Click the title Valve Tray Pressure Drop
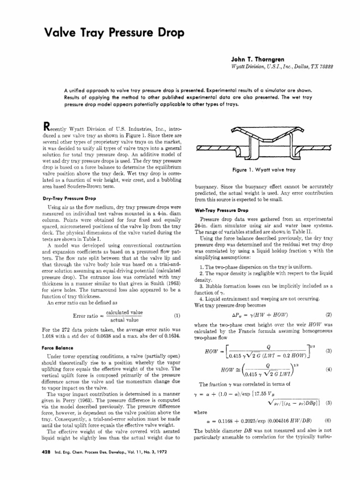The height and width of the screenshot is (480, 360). (x=107, y=33)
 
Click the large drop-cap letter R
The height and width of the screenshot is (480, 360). (x=46, y=127)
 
